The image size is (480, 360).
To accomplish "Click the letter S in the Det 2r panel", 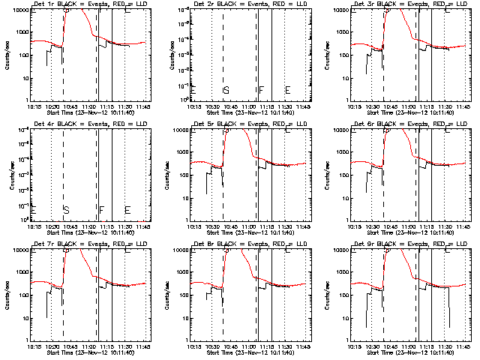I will [x=226, y=91].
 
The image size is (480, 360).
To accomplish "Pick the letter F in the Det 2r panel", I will [x=262, y=91].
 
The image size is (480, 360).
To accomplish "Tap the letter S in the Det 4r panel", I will [x=66, y=210].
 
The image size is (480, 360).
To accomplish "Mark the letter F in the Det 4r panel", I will [x=101, y=210].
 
